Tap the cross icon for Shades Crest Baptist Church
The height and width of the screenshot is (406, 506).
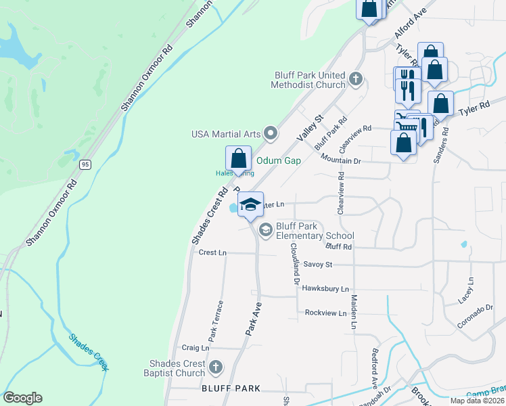coord(215,367)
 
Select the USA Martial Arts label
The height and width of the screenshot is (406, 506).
coord(226,133)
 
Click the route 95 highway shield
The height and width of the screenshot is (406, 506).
coord(85,164)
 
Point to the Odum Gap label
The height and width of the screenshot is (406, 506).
coord(278,160)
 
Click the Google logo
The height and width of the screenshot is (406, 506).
coord(22,398)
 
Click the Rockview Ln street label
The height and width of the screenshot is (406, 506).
coord(326,313)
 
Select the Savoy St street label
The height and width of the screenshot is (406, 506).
coord(318,264)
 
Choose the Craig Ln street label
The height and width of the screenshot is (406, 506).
coord(195,348)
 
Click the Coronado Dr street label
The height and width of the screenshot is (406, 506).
coord(476,316)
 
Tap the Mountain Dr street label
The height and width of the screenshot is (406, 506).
coord(341,161)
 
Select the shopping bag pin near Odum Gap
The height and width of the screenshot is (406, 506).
coord(238,158)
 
